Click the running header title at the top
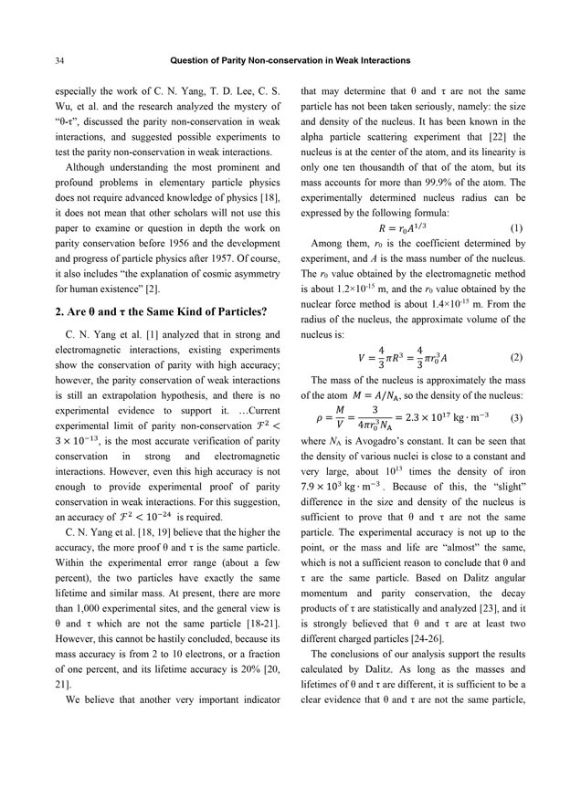click(x=290, y=61)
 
